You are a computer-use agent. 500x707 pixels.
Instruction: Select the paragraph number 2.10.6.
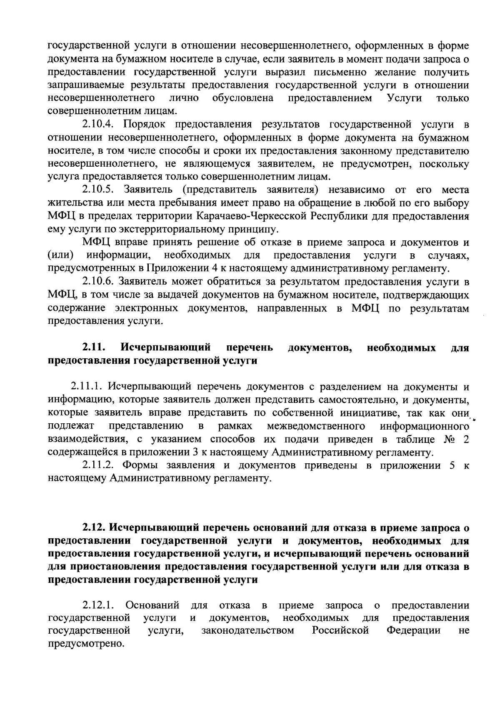click(x=98, y=282)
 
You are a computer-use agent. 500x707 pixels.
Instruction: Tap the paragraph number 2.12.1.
click(x=98, y=605)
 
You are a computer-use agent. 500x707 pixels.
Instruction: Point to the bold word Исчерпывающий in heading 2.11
click(x=165, y=347)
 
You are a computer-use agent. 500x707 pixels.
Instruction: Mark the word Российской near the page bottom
click(x=341, y=631)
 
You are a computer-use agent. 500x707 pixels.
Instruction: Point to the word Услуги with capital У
click(x=404, y=98)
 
